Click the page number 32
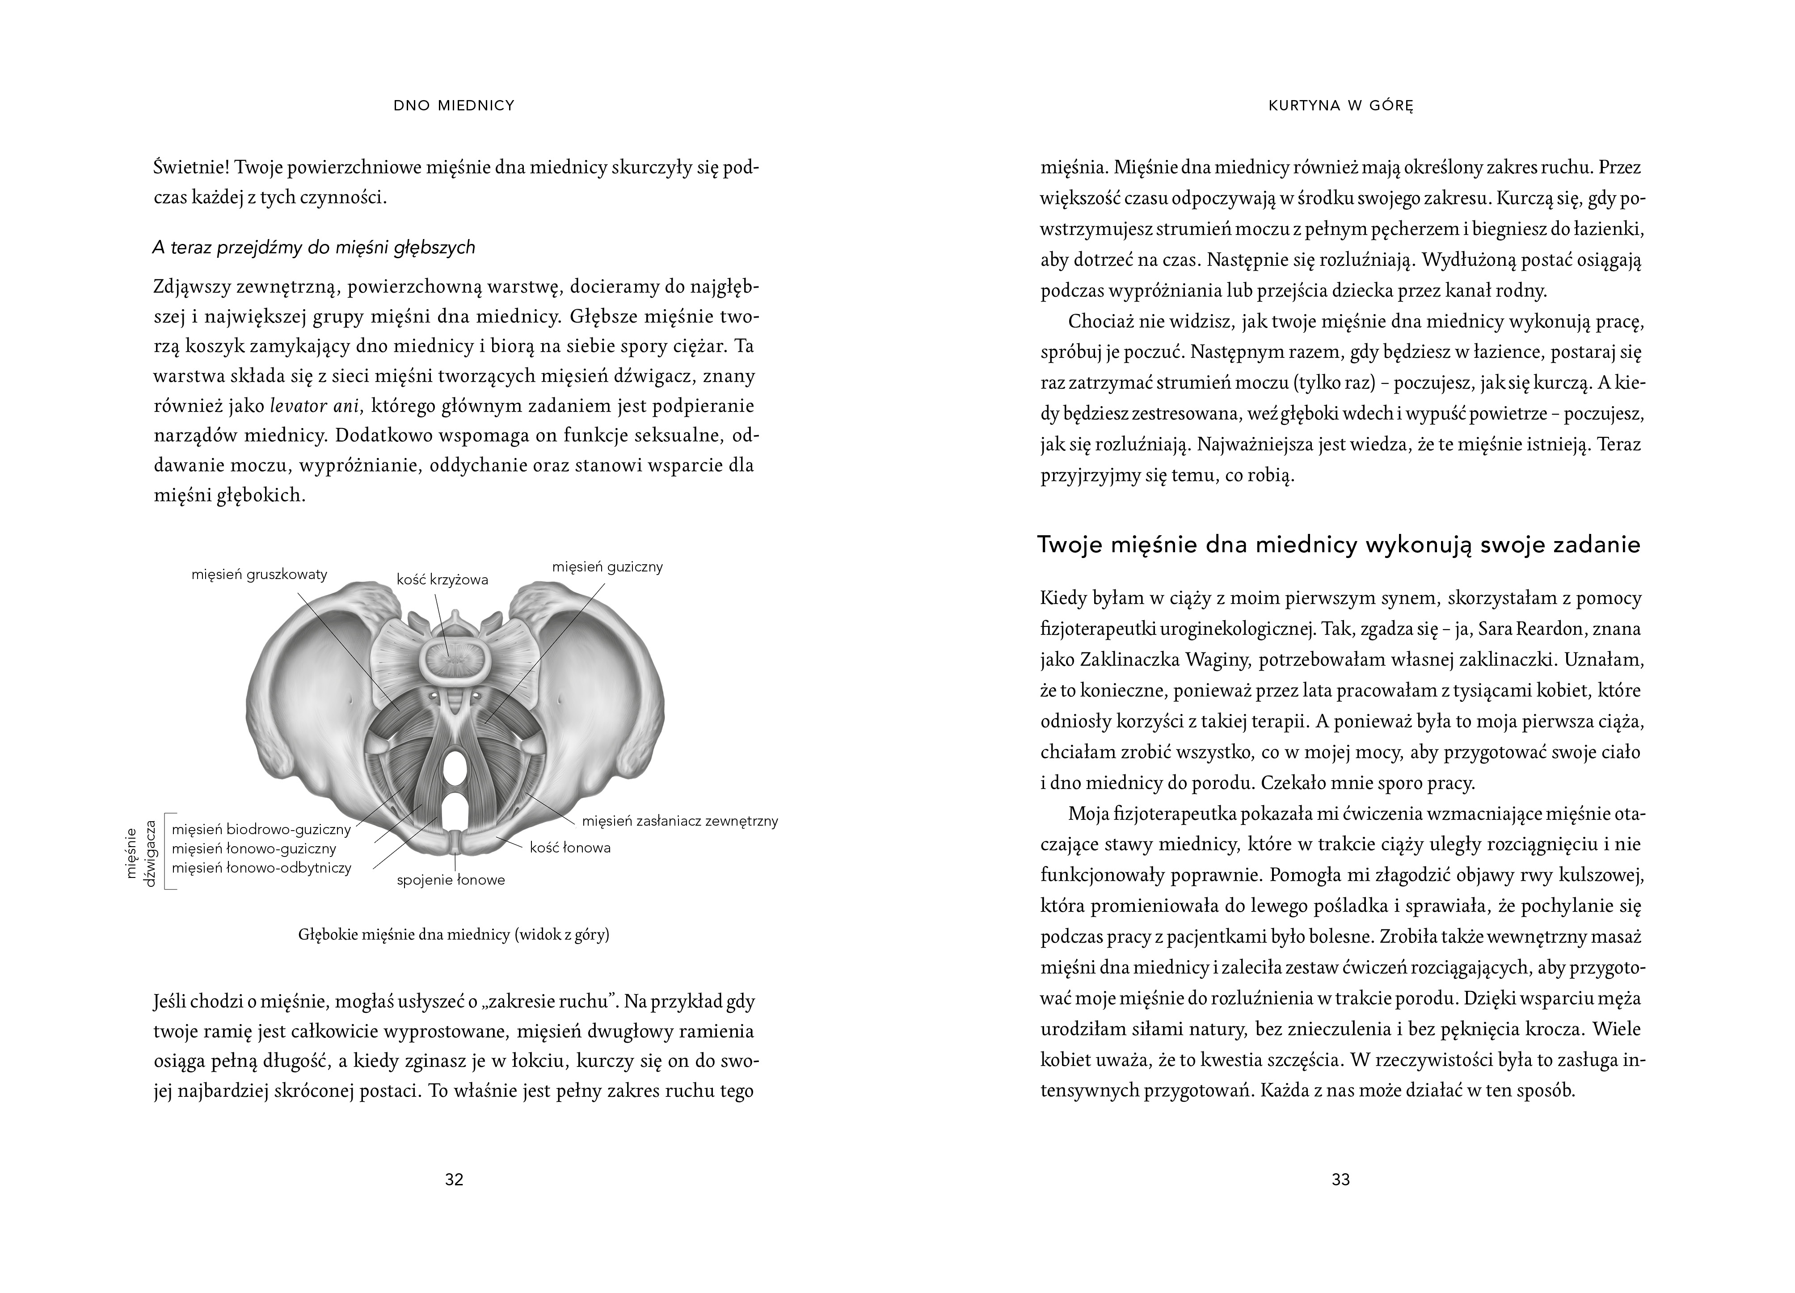tap(454, 1179)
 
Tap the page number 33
tap(1340, 1179)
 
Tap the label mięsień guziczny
tap(607, 567)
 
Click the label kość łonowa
tap(570, 848)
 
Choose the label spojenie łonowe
tap(451, 880)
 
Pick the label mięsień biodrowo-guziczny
tap(261, 829)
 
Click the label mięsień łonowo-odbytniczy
tap(261, 867)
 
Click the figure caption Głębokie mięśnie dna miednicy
tap(454, 935)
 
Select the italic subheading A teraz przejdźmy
tap(313, 248)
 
